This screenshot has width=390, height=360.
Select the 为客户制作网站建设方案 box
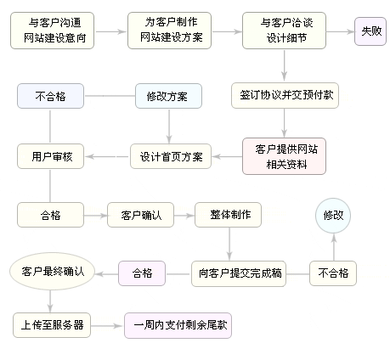pyautogui.click(x=168, y=31)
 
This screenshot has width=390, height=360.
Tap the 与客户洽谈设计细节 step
pyautogui.click(x=285, y=31)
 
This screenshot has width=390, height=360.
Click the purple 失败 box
pyautogui.click(x=370, y=31)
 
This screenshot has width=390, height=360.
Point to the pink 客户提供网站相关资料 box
pyautogui.click(x=285, y=155)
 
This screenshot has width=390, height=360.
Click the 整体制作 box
pyautogui.click(x=228, y=215)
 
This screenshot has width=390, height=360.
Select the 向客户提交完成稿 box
pyautogui.click(x=237, y=273)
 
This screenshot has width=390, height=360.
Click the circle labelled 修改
pyautogui.click(x=333, y=216)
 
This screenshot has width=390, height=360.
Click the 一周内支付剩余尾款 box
pyautogui.click(x=180, y=325)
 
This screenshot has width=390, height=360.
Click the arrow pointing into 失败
pyautogui.click(x=341, y=31)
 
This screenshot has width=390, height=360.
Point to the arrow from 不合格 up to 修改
pyautogui.click(x=333, y=249)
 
